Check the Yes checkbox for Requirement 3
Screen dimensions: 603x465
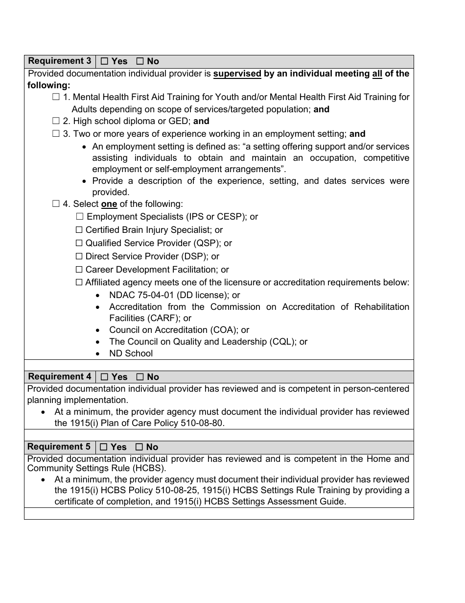[104, 61]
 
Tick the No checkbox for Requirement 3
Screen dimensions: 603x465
[139, 61]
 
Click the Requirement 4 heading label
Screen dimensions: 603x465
[59, 377]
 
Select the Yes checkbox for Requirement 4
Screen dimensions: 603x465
[104, 377]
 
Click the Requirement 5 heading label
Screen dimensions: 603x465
[59, 447]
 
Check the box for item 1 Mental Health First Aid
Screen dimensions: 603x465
[56, 97]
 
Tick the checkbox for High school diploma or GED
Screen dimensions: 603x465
[56, 121]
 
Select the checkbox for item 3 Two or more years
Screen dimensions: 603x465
[56, 134]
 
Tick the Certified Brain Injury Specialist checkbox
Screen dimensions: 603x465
[79, 230]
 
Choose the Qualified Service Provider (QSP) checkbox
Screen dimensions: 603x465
[79, 243]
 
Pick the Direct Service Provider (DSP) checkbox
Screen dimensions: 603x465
[79, 256]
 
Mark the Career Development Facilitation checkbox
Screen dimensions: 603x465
[79, 270]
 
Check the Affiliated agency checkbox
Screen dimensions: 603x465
[79, 282]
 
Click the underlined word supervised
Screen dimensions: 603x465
[237, 74]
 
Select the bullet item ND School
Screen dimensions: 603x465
[131, 353]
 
